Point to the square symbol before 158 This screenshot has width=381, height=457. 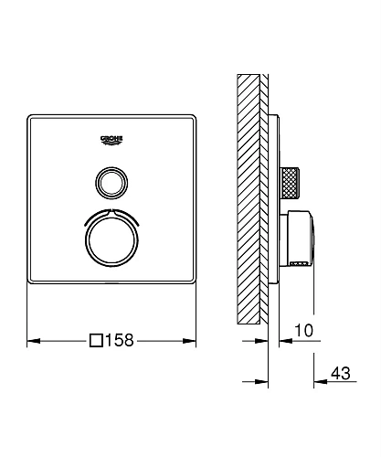tap(95, 342)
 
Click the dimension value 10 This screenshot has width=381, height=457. tap(305, 330)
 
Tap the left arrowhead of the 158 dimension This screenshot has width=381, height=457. tap(34, 342)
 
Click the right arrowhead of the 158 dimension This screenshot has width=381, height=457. tap(192, 342)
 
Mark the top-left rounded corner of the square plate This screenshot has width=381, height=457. tap(31, 115)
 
